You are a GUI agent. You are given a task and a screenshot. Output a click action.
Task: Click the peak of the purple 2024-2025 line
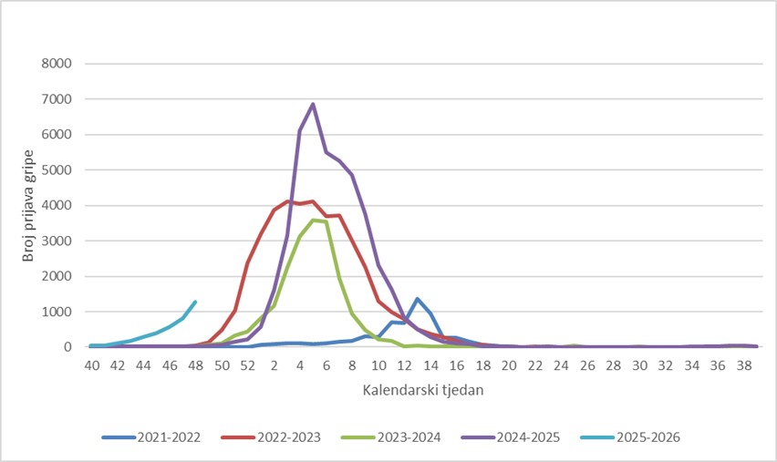pos(313,104)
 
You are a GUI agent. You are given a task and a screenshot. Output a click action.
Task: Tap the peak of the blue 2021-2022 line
pos(417,299)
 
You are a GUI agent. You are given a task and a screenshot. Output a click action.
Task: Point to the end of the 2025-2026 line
pos(195,302)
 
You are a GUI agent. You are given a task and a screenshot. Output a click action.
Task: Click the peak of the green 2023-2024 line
pos(313,220)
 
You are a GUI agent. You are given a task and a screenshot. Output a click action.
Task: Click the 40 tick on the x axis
pos(91,364)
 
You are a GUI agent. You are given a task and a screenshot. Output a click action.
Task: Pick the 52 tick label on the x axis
pos(248,364)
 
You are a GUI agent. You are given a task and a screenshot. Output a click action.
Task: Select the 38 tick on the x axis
pos(744,364)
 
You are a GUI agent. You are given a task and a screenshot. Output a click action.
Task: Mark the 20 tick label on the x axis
pos(509,364)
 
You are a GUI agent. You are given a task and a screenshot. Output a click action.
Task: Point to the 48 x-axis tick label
pos(196,364)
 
